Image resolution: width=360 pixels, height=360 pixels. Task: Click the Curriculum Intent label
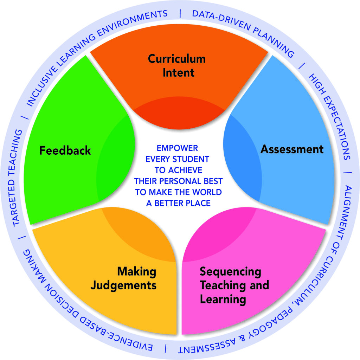pos(176,65)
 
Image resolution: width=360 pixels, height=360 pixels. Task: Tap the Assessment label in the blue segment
pos(292,149)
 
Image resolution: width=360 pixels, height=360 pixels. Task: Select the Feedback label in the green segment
pos(65,150)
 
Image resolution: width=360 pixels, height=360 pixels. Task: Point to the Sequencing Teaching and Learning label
pos(234,285)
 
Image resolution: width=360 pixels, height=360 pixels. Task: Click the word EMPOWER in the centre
pos(177,148)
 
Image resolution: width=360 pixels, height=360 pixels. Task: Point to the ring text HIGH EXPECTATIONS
pos(329,116)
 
